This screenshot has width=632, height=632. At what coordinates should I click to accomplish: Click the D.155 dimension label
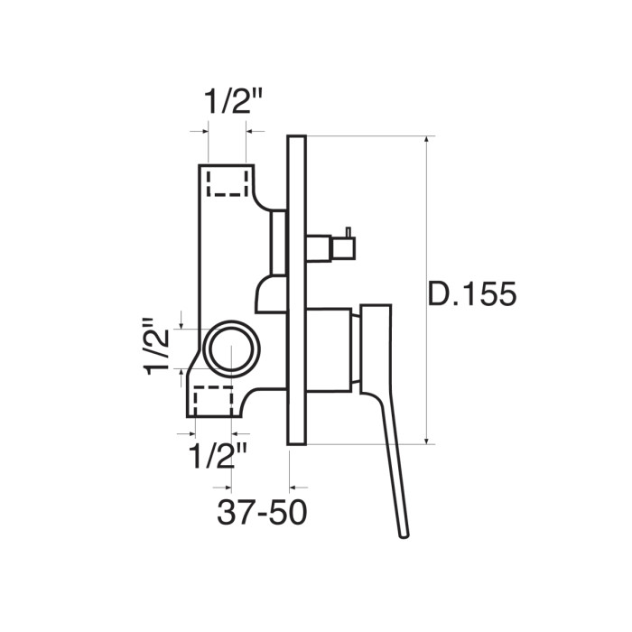(x=471, y=293)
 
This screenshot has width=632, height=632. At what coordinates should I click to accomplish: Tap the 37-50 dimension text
(x=262, y=512)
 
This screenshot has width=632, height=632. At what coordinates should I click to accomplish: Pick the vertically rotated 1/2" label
(x=155, y=347)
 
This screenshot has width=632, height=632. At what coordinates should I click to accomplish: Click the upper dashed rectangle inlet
(x=228, y=183)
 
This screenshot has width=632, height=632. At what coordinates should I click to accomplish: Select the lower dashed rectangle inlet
(x=213, y=400)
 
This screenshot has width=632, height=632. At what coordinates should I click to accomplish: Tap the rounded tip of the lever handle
(x=404, y=534)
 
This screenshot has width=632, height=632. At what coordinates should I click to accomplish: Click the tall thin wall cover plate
(x=297, y=290)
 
